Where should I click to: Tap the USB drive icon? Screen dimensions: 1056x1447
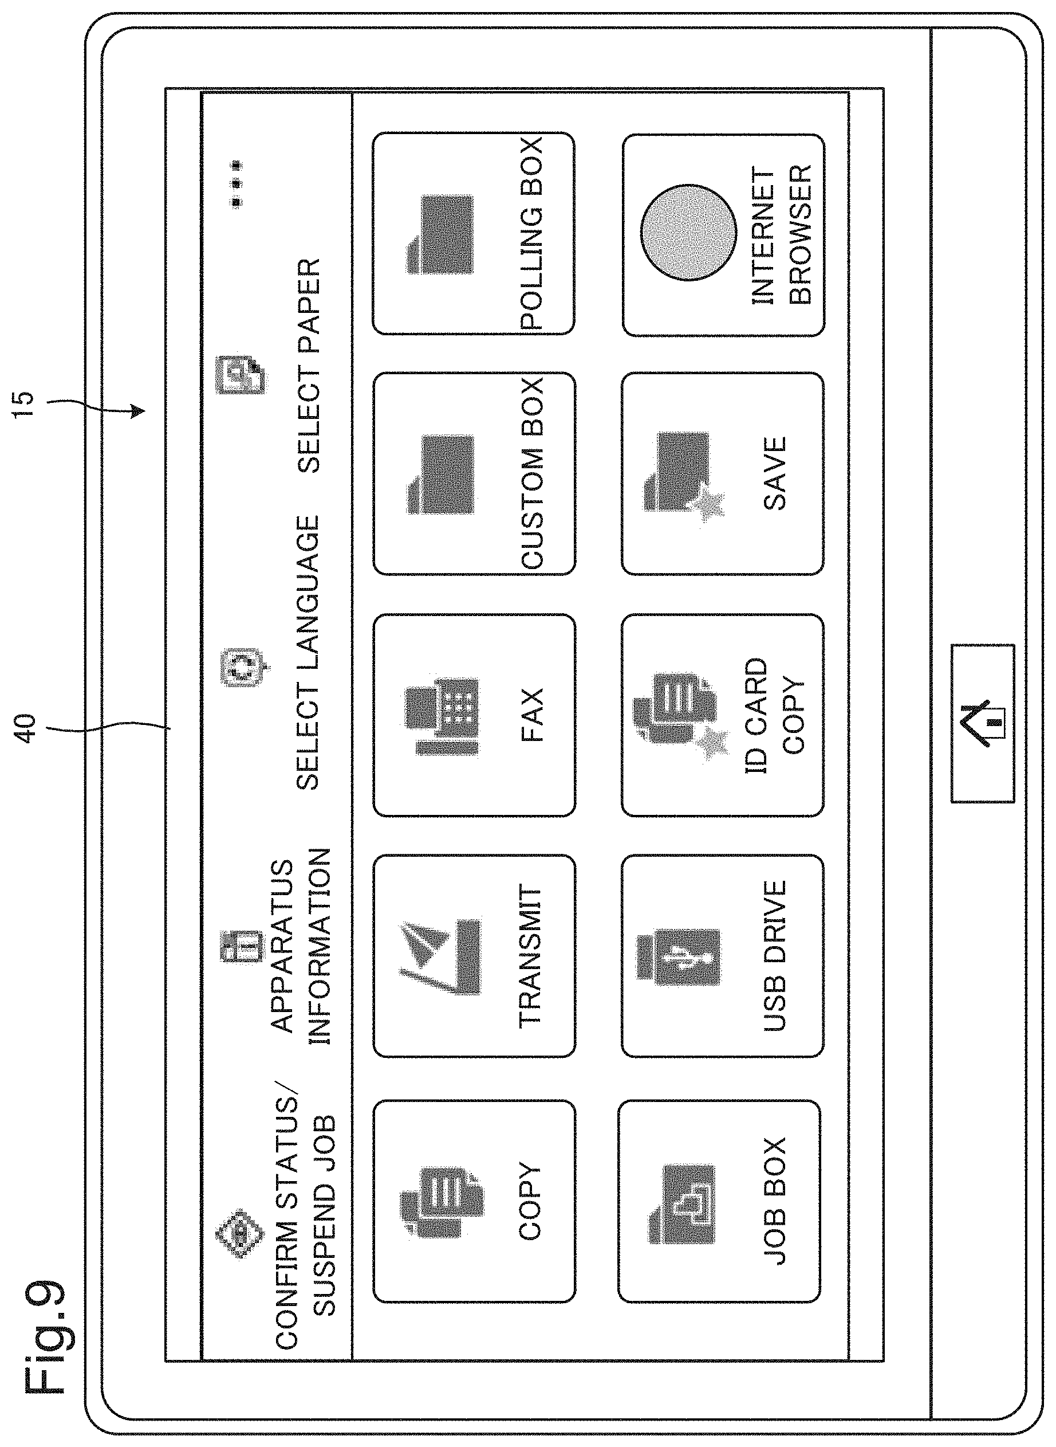pyautogui.click(x=678, y=958)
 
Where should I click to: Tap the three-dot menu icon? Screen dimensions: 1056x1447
pyautogui.click(x=237, y=183)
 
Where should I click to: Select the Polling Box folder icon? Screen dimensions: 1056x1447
pyautogui.click(x=440, y=234)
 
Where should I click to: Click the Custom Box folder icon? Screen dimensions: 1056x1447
pyautogui.click(x=440, y=475)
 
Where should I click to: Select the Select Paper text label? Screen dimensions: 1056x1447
pyautogui.click(x=309, y=366)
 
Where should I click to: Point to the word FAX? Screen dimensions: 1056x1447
pyautogui.click(x=532, y=715)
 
